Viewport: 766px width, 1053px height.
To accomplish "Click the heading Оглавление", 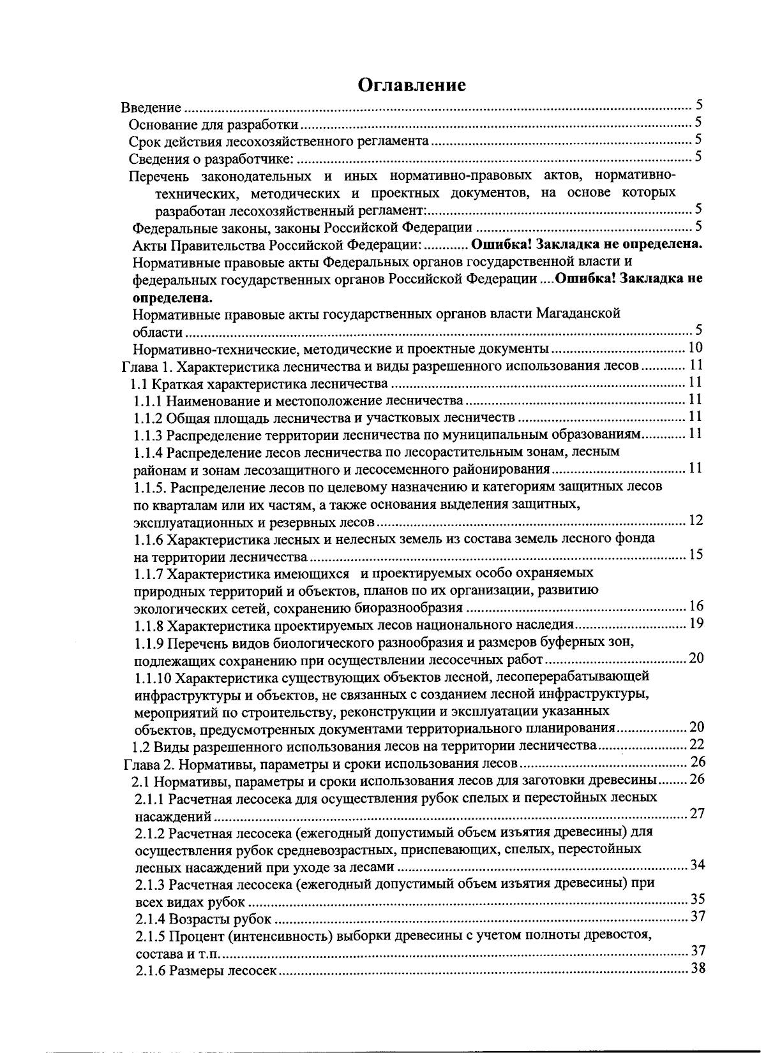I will point(411,85).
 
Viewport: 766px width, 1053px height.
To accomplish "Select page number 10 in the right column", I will point(695,348).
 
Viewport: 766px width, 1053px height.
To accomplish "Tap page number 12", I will point(695,520).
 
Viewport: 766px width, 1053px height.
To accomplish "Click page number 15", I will point(695,554).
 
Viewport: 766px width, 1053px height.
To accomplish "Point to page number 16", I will point(696,606).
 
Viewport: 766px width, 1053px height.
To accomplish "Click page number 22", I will point(696,744).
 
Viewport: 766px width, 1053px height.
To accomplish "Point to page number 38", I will point(697,969).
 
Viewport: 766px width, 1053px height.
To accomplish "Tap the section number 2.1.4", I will point(150,920).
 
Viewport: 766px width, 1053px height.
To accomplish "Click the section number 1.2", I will point(140,747).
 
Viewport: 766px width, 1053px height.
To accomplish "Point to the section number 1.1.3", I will point(149,435).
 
